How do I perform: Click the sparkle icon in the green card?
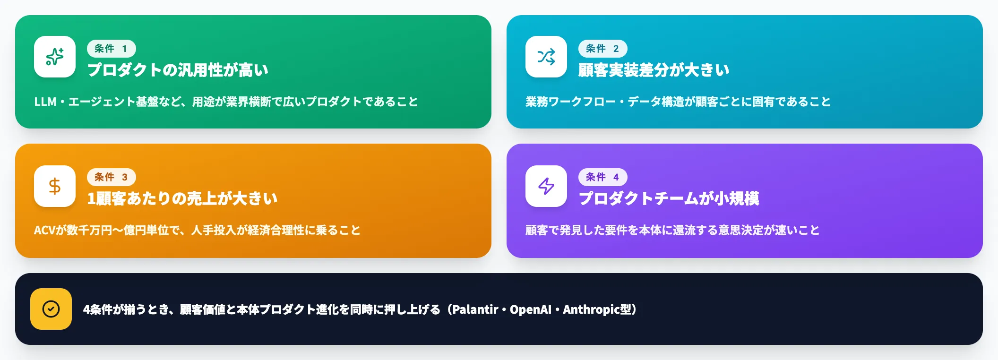tap(55, 57)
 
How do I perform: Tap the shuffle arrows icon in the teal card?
tap(546, 57)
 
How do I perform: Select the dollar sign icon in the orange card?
tap(55, 186)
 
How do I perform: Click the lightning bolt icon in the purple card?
tap(546, 186)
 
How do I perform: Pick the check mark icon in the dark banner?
tap(51, 309)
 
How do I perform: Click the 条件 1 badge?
tap(111, 49)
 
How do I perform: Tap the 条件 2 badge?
tap(602, 49)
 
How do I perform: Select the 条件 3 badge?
tap(111, 177)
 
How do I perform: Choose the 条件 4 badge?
tap(602, 177)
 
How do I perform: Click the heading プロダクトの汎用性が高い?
tap(178, 70)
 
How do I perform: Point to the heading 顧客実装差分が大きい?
tap(654, 70)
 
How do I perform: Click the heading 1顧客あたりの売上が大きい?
tap(182, 198)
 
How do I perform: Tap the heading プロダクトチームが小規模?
tap(669, 198)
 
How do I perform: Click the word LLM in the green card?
tap(45, 102)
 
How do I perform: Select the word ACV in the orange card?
tap(45, 230)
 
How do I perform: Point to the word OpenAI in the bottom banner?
tap(530, 309)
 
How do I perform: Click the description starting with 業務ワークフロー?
tap(678, 102)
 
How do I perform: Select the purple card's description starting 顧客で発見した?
tap(672, 230)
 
